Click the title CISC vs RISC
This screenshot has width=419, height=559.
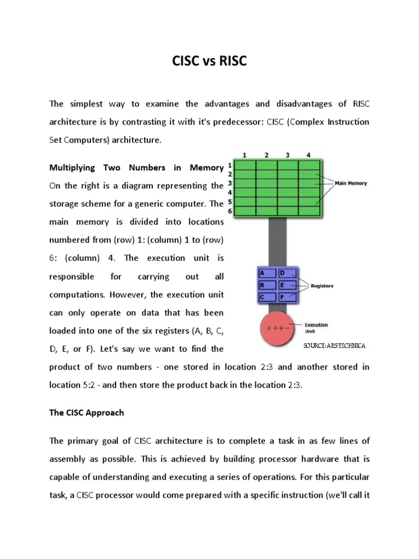click(x=209, y=62)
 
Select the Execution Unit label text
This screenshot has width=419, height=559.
click(x=316, y=328)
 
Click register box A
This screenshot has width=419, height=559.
click(x=267, y=272)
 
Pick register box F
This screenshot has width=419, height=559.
click(x=287, y=297)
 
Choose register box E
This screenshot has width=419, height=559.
click(x=287, y=284)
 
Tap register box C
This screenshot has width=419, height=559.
click(x=267, y=297)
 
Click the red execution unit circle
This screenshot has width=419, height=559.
click(x=277, y=329)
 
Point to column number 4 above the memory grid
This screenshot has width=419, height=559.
click(x=308, y=155)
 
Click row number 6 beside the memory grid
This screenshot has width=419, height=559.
click(x=230, y=211)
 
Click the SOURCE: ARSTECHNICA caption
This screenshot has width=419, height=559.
click(x=334, y=346)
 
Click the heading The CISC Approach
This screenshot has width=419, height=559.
click(x=87, y=413)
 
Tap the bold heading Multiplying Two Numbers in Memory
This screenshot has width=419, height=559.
click(x=136, y=168)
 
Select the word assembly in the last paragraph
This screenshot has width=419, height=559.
click(x=70, y=459)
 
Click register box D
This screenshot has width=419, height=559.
click(x=287, y=272)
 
